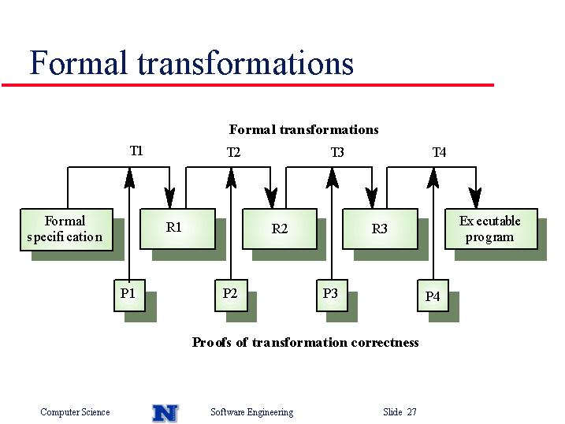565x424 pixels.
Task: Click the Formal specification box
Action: pos(67,229)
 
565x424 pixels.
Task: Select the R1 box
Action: pos(177,229)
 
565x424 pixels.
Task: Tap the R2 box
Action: pos(280,229)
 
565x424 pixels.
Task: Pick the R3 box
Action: pos(380,229)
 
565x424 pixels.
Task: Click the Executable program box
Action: pos(491,229)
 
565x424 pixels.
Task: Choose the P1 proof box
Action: pos(130,296)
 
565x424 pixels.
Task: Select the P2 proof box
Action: pos(231,296)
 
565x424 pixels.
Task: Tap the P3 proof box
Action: pos(332,296)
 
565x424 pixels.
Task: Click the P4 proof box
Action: pos(433,296)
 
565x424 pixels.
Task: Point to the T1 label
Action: pos(136,151)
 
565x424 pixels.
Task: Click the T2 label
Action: pos(233,152)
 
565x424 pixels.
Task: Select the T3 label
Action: pos(337,152)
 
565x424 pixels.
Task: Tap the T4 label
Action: pos(439,152)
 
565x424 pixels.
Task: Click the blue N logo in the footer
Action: pos(165,413)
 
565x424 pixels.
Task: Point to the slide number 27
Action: pos(412,411)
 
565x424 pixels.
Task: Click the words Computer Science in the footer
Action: pos(75,412)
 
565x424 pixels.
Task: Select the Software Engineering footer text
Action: pos(252,412)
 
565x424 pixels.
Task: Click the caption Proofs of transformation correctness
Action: pos(305,342)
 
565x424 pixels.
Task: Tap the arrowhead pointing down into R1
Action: pos(169,198)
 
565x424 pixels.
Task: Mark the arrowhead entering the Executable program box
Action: pos(476,198)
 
